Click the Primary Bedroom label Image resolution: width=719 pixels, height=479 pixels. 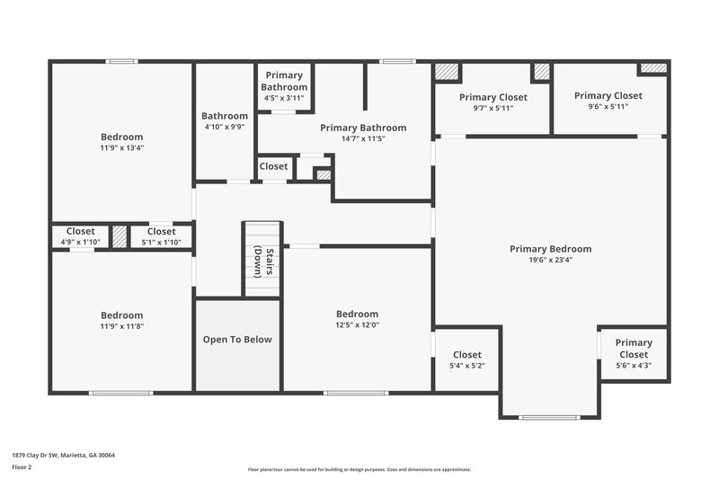click(550, 249)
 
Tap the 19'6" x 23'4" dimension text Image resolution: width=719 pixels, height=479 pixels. click(550, 260)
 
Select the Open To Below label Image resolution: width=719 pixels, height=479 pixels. click(237, 340)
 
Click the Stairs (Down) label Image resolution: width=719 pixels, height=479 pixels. click(262, 261)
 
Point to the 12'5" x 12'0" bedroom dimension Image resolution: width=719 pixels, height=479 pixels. click(357, 325)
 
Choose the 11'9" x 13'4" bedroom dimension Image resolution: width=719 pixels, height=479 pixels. click(121, 147)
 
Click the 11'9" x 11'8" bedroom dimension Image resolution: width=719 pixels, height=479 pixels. click(121, 326)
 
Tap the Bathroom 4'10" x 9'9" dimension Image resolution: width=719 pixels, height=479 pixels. click(224, 127)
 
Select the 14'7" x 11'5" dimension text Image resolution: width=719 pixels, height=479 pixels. click(363, 139)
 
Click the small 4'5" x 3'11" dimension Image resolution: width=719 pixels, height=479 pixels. click(284, 98)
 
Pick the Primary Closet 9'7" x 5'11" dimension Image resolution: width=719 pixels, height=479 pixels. click(493, 108)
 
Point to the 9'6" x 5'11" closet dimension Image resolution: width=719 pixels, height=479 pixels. click(608, 106)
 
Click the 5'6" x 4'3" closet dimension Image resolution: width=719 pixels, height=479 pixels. click(634, 365)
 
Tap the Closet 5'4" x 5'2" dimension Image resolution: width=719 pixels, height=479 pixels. click(466, 366)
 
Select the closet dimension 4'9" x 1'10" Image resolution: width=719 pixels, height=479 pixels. click(80, 243)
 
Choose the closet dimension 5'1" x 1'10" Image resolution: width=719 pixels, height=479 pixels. click(162, 243)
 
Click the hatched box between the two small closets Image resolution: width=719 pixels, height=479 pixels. click(120, 236)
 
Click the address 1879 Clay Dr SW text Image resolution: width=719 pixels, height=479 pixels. click(63, 455)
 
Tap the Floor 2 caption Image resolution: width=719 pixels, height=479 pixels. click(22, 467)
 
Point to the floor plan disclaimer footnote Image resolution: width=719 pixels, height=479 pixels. click(359, 469)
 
